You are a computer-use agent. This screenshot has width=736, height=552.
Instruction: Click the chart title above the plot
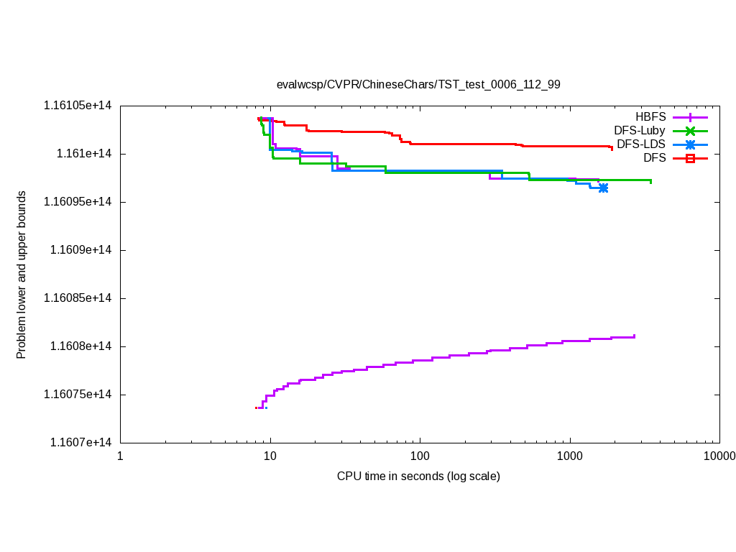418,84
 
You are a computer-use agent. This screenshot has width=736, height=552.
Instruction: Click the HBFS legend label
650,116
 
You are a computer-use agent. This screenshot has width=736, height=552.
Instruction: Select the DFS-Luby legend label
640,130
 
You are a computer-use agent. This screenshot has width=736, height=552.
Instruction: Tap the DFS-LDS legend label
641,144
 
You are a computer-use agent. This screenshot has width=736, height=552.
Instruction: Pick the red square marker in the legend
690,158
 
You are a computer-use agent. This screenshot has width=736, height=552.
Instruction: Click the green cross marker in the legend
690,131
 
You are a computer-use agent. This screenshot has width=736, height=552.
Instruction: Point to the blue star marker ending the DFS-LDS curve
603,188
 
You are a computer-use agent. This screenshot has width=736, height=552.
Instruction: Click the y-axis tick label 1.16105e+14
78,106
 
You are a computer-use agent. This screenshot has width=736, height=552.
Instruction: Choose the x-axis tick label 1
120,456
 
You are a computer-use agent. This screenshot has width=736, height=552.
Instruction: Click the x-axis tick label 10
270,456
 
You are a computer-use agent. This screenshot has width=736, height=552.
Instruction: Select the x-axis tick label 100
420,456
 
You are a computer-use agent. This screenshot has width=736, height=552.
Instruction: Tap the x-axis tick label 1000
570,456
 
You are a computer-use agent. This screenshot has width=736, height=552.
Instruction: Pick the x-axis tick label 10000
719,456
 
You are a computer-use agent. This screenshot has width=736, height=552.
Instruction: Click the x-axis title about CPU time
418,476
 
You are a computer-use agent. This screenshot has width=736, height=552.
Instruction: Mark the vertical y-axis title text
22,275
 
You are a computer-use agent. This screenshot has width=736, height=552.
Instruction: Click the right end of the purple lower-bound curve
634,336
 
